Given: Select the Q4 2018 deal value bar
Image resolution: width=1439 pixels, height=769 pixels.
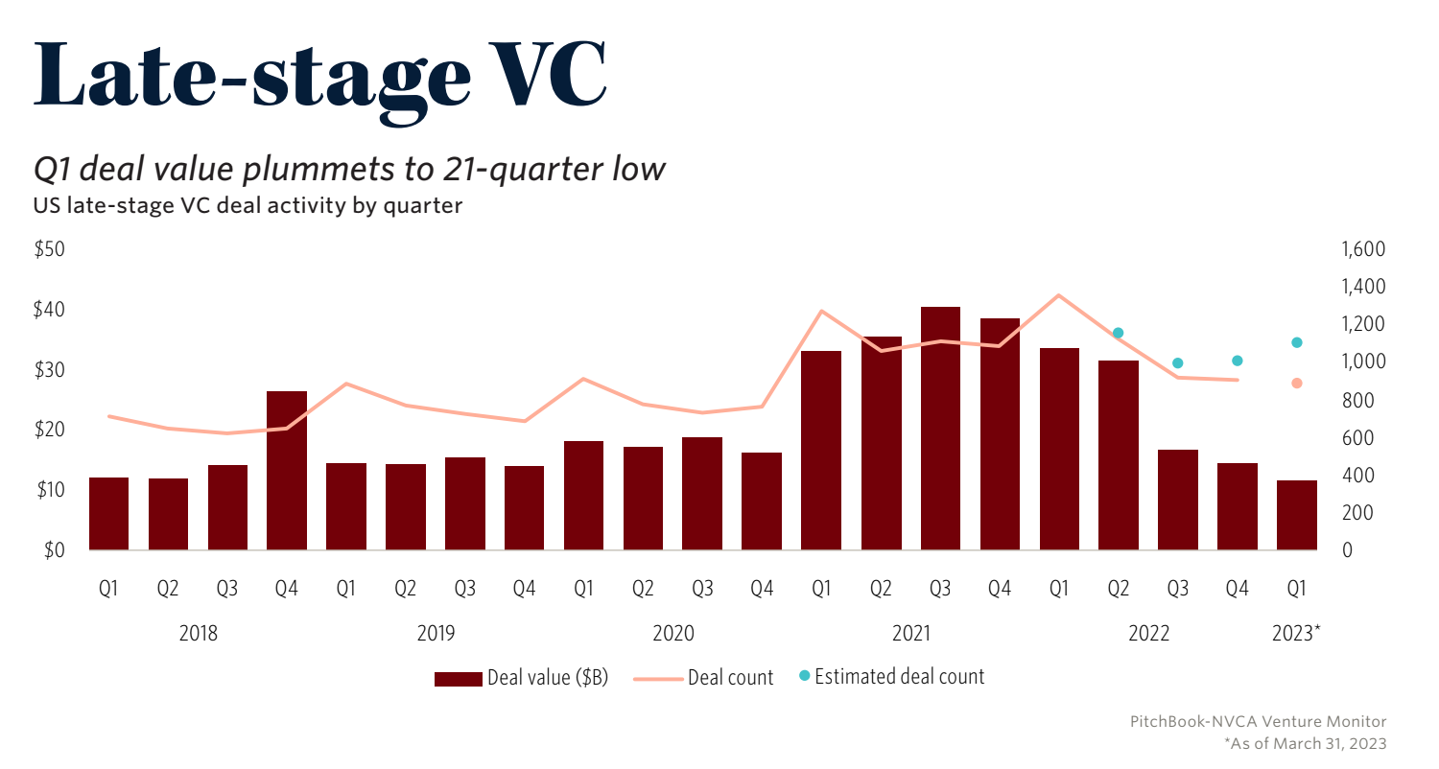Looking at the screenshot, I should pos(287,471).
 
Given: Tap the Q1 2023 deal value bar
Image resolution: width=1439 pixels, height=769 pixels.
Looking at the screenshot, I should pos(1296,515).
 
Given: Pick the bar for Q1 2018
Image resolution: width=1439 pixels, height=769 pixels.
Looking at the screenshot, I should pos(108,513).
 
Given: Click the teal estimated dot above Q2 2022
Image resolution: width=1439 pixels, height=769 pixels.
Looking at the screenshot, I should pos(1118,333).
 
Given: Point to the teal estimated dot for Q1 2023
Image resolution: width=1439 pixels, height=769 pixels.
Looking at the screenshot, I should pos(1296,342).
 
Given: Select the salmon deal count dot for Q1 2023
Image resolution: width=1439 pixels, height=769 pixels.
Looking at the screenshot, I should pos(1296,384).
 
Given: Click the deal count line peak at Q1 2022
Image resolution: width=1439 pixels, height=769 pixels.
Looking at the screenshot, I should pos(1058,295).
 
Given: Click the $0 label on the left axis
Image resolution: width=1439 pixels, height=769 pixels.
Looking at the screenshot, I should pos(53,550).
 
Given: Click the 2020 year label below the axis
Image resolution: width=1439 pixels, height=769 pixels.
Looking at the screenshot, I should pos(672,633).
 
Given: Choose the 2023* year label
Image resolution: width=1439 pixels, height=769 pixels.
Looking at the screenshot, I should pos(1295,633).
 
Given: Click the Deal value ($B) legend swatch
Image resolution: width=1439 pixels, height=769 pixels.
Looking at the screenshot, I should pos(458,678).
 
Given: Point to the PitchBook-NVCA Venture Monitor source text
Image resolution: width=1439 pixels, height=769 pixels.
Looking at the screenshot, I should pos(1258,721).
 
